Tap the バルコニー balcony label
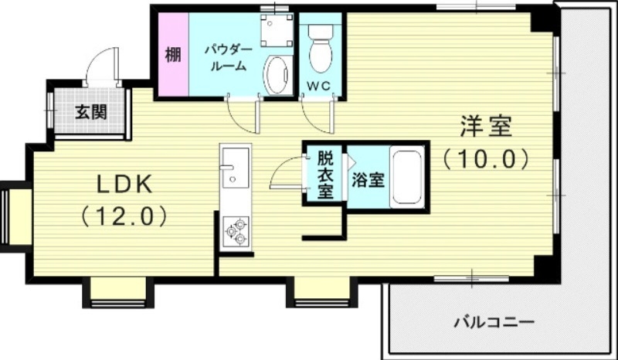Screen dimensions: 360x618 point(494,321)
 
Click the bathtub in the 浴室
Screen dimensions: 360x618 point(406,178)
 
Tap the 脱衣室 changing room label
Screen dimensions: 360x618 point(325,175)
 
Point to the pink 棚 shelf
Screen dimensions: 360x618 point(172,56)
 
